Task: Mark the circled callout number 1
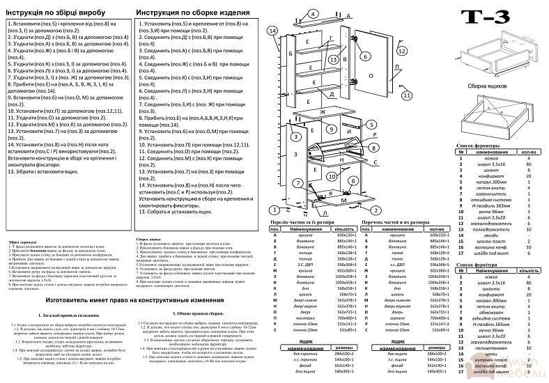(274, 208)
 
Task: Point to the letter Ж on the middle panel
(323, 111)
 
